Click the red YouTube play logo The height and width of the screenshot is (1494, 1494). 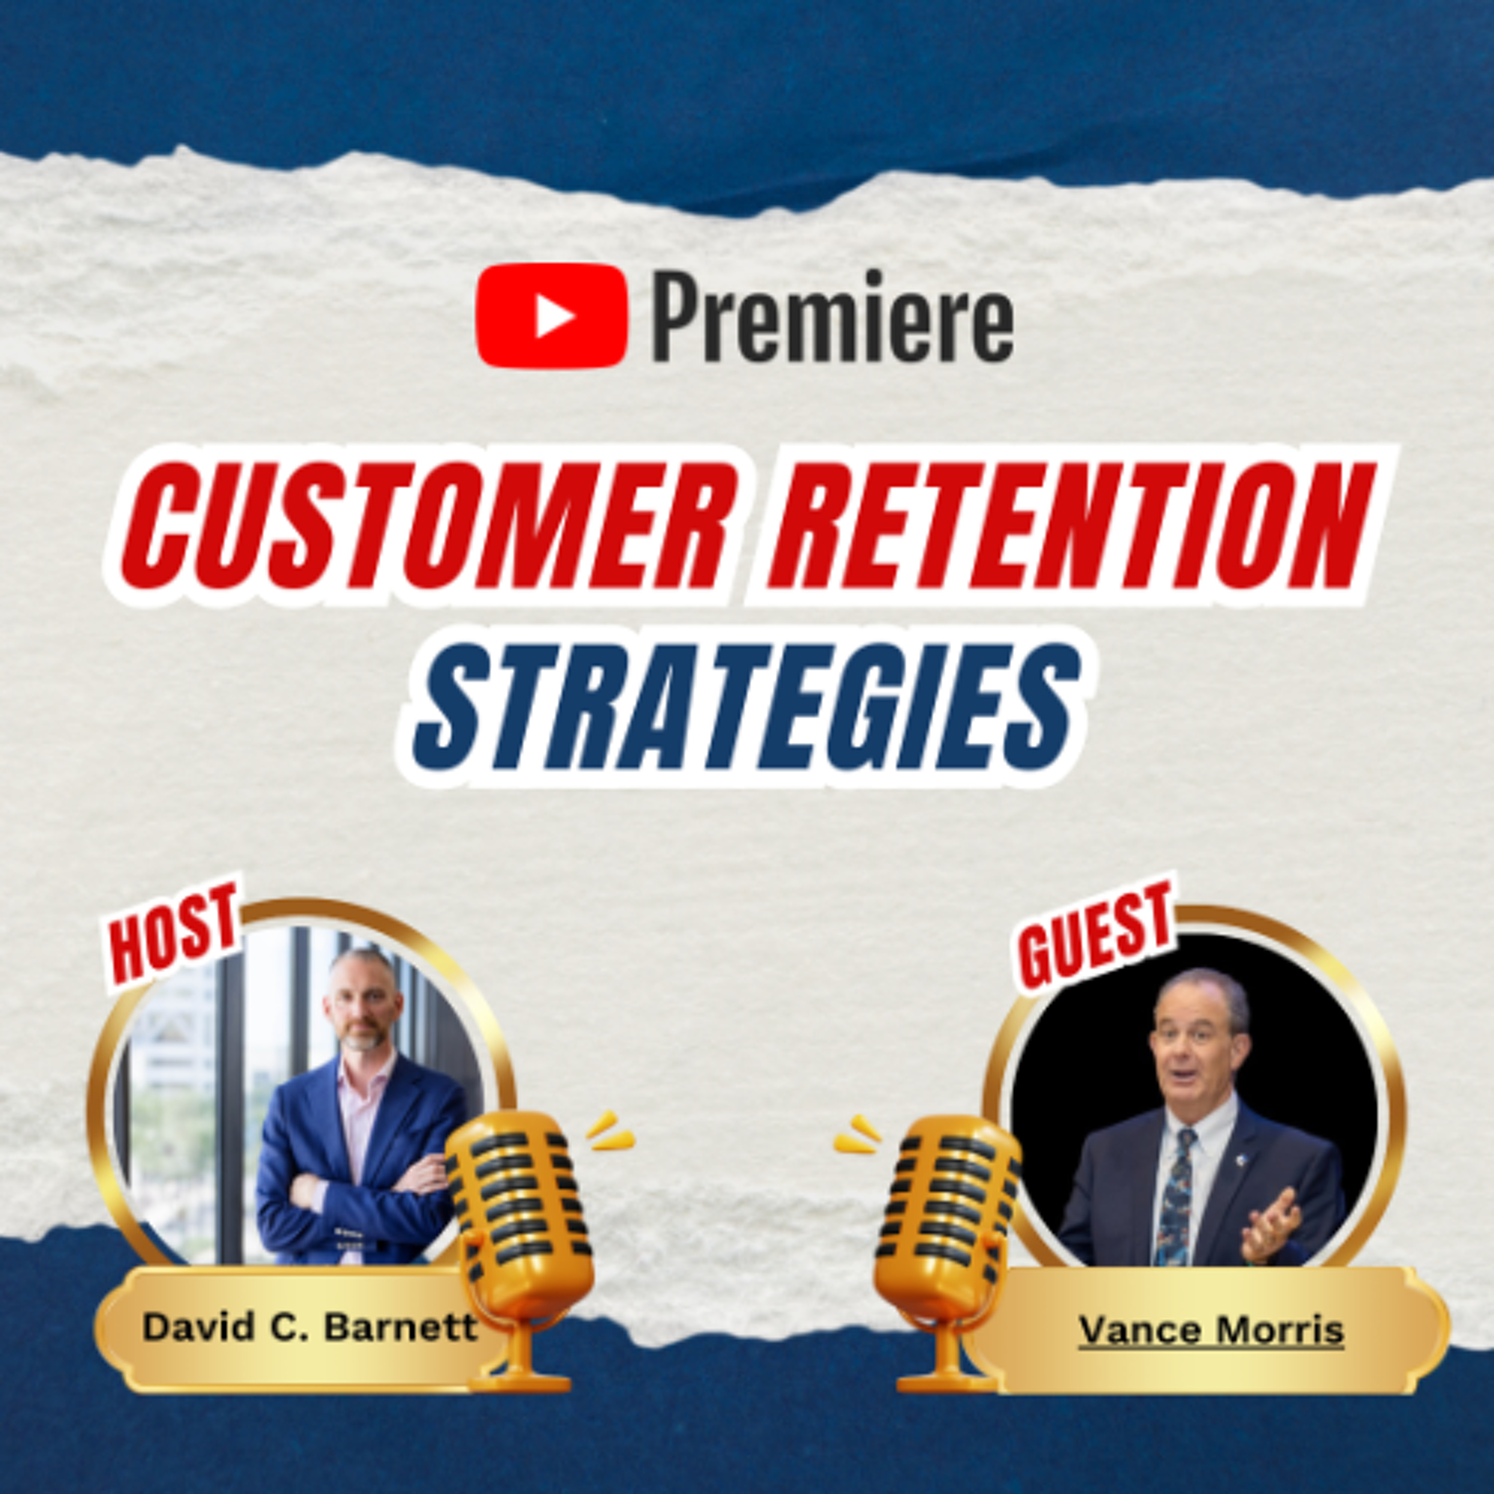coord(551,316)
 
